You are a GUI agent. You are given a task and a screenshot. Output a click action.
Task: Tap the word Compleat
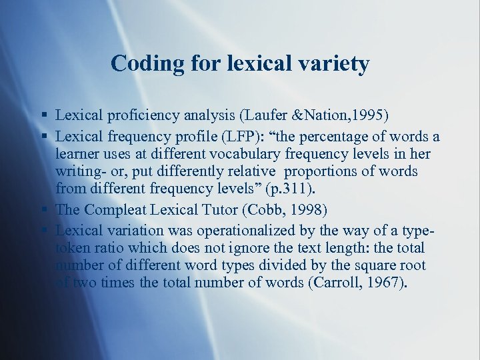[x=117, y=209]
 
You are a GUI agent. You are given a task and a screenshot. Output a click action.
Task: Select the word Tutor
[x=221, y=209]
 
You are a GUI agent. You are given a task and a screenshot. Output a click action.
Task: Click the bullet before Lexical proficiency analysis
[x=44, y=116]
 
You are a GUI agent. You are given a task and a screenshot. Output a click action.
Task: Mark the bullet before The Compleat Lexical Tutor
[x=44, y=209]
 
